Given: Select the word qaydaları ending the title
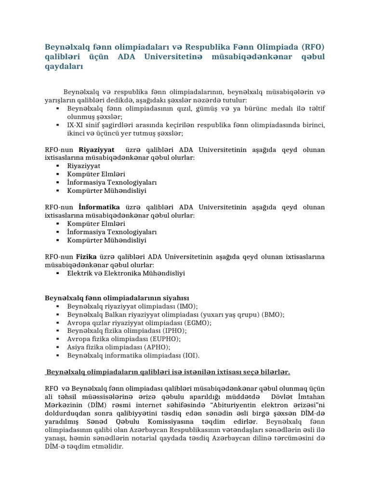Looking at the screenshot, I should (x=64, y=67).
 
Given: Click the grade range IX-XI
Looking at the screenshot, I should (x=78, y=125).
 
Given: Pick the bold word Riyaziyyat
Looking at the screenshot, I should (x=96, y=150).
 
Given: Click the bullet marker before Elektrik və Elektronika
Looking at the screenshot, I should (x=58, y=273).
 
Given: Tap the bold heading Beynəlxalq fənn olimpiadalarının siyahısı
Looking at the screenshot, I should (x=117, y=298).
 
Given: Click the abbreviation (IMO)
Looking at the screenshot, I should (x=187, y=306).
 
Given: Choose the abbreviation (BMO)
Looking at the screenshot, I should (x=273, y=315).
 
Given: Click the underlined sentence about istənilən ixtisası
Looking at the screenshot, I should (x=168, y=372).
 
